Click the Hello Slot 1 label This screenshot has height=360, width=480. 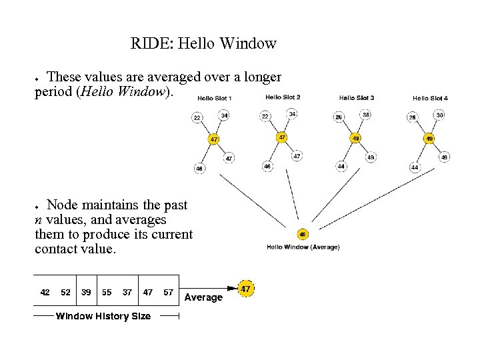(215, 99)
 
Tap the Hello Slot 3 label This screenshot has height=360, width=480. (356, 98)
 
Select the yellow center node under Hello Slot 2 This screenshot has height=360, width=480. (282, 137)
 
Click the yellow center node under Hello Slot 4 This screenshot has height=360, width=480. (429, 139)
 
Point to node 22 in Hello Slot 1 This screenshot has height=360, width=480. (197, 118)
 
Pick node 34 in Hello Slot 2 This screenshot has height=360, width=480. (292, 114)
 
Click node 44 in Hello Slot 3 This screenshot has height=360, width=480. (341, 166)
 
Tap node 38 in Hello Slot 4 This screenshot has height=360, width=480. (439, 115)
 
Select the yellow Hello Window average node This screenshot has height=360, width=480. (303, 235)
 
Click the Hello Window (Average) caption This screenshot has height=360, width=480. (303, 247)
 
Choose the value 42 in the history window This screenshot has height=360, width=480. (45, 292)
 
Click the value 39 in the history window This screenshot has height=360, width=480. (87, 292)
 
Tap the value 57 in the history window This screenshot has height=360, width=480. (168, 292)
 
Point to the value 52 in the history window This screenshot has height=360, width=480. (65, 292)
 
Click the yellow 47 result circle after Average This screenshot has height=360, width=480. (246, 289)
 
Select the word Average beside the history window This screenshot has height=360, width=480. (203, 297)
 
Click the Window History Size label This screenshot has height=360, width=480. (103, 316)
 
